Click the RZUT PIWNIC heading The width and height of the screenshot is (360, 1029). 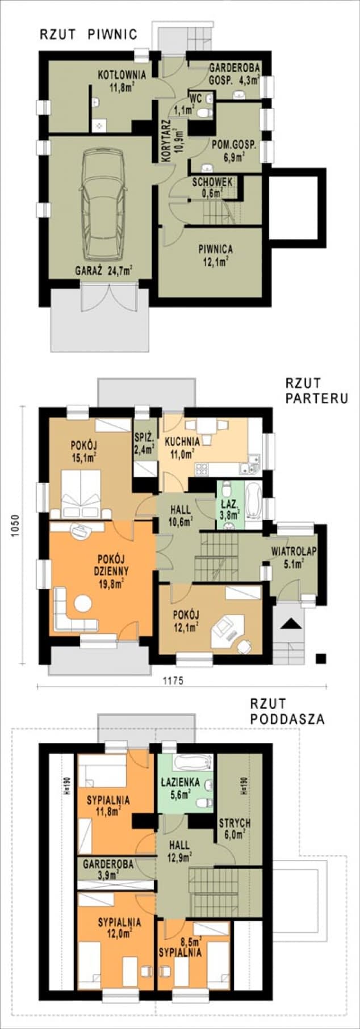coord(88,35)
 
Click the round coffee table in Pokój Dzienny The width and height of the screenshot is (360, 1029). coord(84,602)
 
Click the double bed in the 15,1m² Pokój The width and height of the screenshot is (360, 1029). coord(84,493)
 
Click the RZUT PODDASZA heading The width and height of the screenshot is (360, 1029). coord(287,711)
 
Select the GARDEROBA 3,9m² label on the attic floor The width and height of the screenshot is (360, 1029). coord(108,870)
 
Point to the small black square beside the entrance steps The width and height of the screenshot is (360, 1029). coord(321,658)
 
